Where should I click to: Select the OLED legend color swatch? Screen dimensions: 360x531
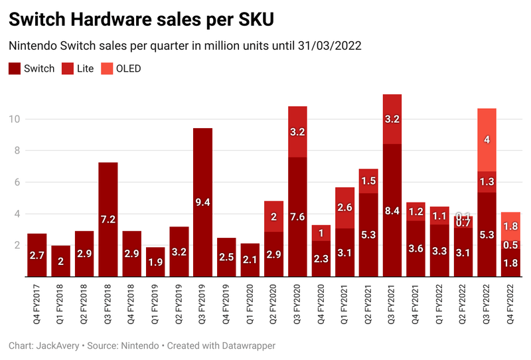(108, 68)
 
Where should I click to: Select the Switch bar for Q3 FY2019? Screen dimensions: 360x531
(202, 199)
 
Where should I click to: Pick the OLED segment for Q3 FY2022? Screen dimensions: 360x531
(487, 139)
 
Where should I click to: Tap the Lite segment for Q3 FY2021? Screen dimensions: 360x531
(392, 120)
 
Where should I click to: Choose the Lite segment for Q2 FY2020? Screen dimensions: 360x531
(273, 217)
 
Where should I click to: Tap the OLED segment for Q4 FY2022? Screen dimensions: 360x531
(510, 226)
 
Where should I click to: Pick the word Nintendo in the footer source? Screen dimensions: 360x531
(140, 346)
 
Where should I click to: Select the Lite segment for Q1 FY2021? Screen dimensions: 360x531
(345, 208)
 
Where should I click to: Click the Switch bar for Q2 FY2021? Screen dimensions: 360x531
(368, 232)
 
